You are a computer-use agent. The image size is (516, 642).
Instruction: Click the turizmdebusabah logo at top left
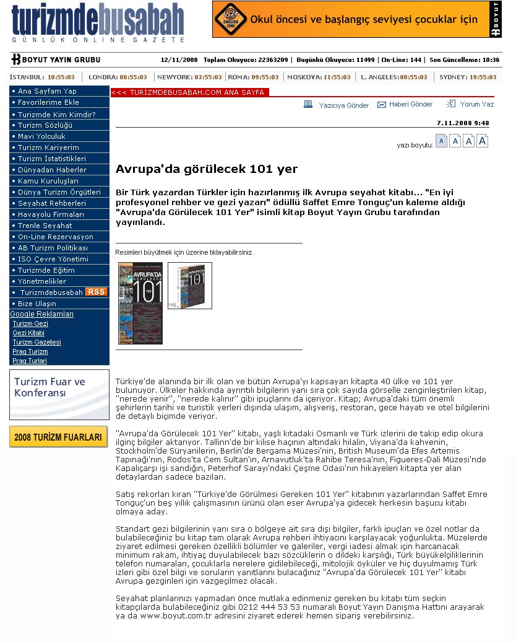98,24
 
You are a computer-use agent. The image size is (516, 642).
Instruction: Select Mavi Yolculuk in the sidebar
41,136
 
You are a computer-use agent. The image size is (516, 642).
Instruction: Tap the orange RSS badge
96,292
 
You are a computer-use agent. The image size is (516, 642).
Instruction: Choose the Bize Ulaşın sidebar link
37,304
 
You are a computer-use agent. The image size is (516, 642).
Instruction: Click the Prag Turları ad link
30,361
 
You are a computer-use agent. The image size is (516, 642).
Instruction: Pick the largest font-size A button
483,141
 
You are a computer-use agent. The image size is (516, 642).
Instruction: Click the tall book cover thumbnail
140,303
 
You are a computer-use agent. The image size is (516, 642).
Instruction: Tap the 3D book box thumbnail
189,285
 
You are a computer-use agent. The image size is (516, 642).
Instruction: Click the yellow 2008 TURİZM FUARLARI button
58,437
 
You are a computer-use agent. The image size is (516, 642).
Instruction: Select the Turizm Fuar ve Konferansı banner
59,395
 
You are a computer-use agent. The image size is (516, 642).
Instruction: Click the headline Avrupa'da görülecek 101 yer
207,169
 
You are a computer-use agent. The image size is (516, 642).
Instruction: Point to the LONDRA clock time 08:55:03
134,77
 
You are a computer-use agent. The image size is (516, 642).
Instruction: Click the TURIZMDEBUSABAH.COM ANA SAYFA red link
187,92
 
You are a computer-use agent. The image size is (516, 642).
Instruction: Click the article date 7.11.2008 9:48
463,123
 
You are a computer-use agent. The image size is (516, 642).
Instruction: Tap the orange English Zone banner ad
356,19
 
